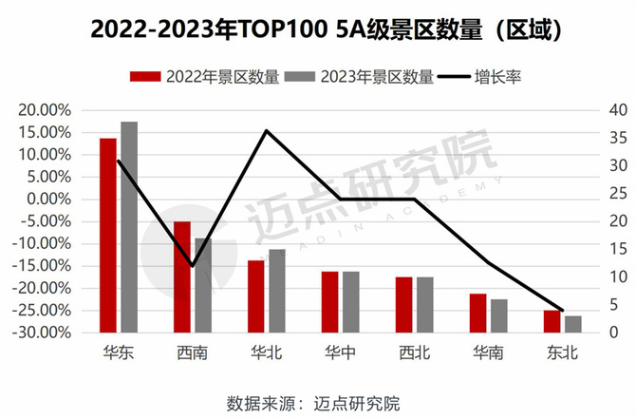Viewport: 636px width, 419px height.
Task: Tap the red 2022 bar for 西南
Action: [182, 276]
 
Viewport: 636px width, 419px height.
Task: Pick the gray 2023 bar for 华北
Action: [276, 291]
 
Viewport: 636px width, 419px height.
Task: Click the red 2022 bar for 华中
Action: [329, 302]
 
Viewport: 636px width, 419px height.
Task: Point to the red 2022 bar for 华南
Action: [477, 313]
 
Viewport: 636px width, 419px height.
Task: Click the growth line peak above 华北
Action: [267, 130]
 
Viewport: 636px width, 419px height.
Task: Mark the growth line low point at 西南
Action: [193, 266]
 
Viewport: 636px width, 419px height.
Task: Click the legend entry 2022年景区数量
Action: [204, 77]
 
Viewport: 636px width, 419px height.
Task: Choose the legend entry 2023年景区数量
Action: [360, 77]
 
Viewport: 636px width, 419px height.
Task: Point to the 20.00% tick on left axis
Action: [44, 110]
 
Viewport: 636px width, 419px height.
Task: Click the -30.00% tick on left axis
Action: [42, 333]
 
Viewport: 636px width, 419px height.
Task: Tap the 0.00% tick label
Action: [47, 200]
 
